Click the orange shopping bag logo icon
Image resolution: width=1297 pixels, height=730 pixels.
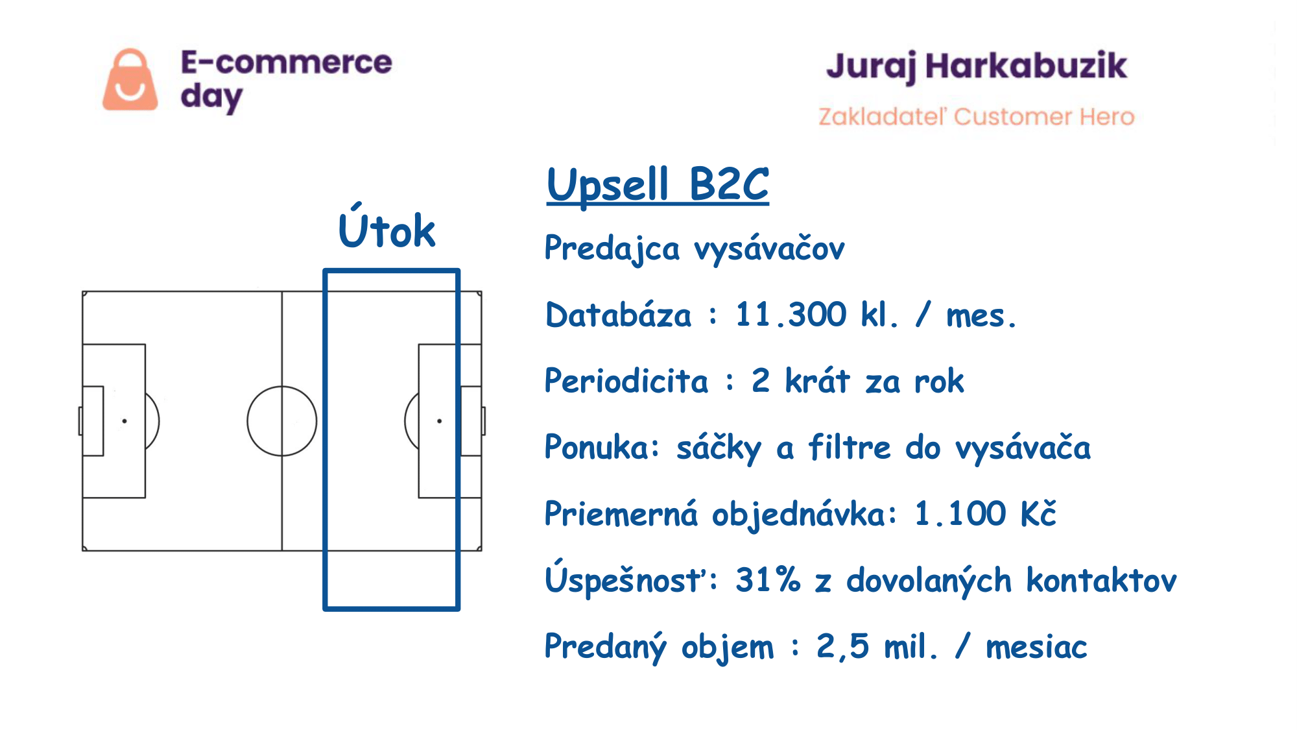(x=130, y=80)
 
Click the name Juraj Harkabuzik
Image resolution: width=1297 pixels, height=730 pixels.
(x=977, y=67)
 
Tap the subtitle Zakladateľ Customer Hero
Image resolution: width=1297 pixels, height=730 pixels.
(x=977, y=116)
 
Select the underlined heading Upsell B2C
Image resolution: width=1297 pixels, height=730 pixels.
(x=658, y=185)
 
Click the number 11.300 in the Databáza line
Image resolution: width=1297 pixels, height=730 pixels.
(x=791, y=315)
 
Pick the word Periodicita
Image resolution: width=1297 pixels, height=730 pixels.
(x=626, y=380)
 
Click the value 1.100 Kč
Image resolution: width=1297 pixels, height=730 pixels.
(x=985, y=513)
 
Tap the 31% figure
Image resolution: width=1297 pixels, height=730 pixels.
(x=768, y=579)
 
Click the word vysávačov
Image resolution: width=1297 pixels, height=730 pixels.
(x=769, y=249)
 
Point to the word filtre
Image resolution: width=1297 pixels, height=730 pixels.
(x=850, y=447)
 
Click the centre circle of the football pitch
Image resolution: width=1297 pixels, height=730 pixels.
(x=282, y=387)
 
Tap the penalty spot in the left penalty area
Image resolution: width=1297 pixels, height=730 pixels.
(x=125, y=421)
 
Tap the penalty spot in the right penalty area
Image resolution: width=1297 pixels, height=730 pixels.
(x=440, y=421)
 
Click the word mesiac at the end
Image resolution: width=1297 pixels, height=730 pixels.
(x=1036, y=647)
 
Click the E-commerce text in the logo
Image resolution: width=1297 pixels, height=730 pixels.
(x=286, y=62)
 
